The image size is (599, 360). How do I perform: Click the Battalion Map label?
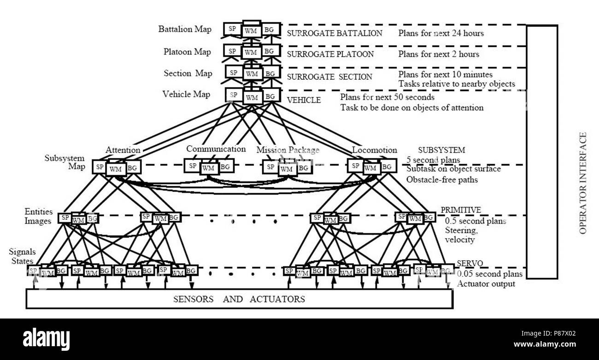pos(185,29)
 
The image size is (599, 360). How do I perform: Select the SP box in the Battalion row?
pos(233,29)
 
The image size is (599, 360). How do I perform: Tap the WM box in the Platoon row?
pos(251,52)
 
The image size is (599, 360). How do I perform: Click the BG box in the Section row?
pos(271,72)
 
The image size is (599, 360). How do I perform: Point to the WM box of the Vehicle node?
pos(252,97)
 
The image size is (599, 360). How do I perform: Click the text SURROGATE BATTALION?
pos(335,33)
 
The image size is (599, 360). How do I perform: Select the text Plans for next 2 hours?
pos(439,54)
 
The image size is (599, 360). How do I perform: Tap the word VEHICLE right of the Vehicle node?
pos(304,100)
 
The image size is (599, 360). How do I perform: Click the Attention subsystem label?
pos(123,150)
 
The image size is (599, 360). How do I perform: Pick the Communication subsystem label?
pos(216,149)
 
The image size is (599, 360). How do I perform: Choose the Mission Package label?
pos(288,150)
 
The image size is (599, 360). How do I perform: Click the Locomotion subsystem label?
pos(374,150)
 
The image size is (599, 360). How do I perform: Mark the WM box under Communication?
pos(209,168)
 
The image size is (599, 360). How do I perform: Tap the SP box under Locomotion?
pos(355,165)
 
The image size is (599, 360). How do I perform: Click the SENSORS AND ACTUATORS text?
pos(239,299)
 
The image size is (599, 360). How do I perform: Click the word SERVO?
pos(470,263)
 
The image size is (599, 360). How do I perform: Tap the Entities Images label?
pos(38,216)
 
